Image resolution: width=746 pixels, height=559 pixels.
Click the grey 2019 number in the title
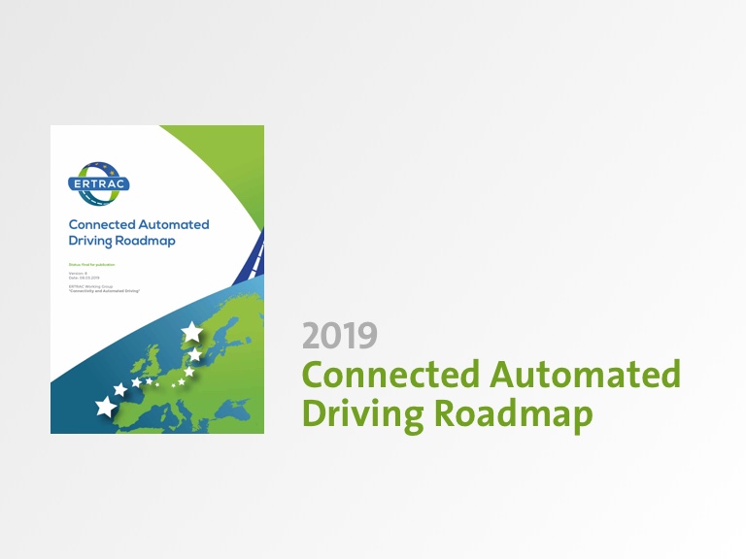tap(339, 336)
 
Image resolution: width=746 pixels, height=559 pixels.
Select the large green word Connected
tap(389, 374)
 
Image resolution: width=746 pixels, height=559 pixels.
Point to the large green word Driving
tap(362, 413)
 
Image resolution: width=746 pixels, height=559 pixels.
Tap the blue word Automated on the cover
tap(176, 225)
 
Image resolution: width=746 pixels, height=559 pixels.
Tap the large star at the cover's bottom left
tap(105, 407)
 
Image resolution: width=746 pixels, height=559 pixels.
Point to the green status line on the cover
tap(92, 264)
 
